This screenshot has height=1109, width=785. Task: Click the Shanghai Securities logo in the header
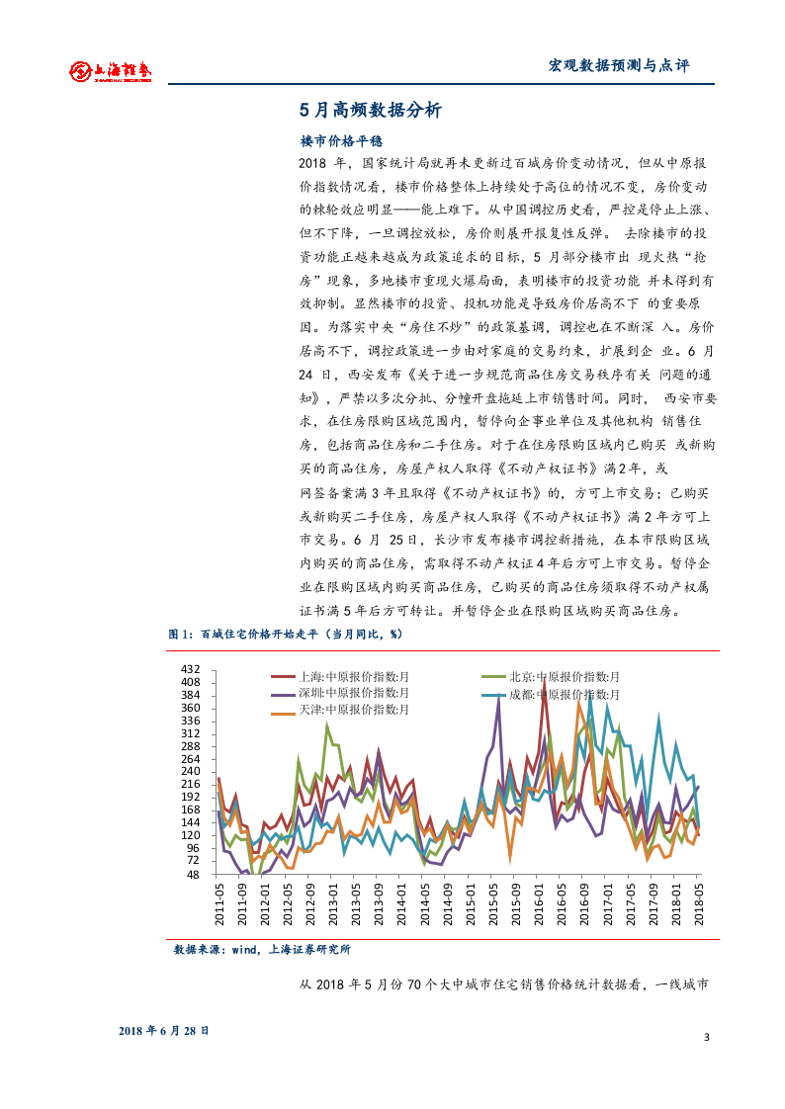pyautogui.click(x=110, y=70)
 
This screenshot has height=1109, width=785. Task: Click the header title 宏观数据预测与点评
pyautogui.click(x=618, y=66)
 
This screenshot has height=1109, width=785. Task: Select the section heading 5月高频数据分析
pyautogui.click(x=370, y=111)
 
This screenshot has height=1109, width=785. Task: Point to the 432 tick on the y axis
pyautogui.click(x=191, y=669)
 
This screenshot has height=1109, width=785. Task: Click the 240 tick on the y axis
pyautogui.click(x=191, y=771)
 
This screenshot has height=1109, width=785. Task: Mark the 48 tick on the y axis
pyautogui.click(x=194, y=874)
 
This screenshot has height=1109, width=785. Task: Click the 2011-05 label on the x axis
pyautogui.click(x=219, y=904)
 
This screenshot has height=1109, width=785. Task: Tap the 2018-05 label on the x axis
pyautogui.click(x=699, y=904)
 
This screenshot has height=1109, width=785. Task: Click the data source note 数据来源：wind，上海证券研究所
pyautogui.click(x=262, y=949)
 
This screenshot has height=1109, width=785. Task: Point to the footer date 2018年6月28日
pyautogui.click(x=163, y=1029)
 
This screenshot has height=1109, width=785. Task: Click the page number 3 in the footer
pyautogui.click(x=707, y=1037)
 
